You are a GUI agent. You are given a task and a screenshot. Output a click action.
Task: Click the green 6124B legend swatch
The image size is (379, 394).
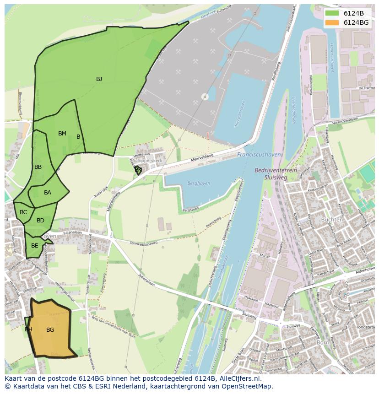coord(332,13)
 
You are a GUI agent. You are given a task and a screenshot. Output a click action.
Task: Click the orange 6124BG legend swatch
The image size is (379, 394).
coord(332,22)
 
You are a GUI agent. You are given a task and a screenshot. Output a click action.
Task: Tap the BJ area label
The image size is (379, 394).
coord(99,79)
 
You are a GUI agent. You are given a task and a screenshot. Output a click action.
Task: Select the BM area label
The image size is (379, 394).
coord(62,134)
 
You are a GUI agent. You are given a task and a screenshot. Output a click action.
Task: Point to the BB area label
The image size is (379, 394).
coord(38,167)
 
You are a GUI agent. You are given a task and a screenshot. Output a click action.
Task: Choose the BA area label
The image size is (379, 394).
coord(48,193)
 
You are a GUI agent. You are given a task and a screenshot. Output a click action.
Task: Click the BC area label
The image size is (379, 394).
coord(23,212)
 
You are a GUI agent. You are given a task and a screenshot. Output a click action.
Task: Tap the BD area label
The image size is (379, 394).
coord(40,221)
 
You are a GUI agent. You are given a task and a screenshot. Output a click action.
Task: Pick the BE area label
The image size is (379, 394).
coord(35,246)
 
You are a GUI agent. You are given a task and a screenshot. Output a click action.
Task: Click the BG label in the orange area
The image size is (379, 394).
coord(50,329)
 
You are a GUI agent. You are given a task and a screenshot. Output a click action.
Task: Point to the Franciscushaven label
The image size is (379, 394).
coord(259,155)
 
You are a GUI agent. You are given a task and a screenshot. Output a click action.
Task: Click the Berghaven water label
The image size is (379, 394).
coord(199,183)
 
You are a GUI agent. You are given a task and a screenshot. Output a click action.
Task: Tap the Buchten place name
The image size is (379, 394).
coord(332,220)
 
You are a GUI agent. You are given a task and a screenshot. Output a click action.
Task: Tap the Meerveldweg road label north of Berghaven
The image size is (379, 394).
coord(201,159)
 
